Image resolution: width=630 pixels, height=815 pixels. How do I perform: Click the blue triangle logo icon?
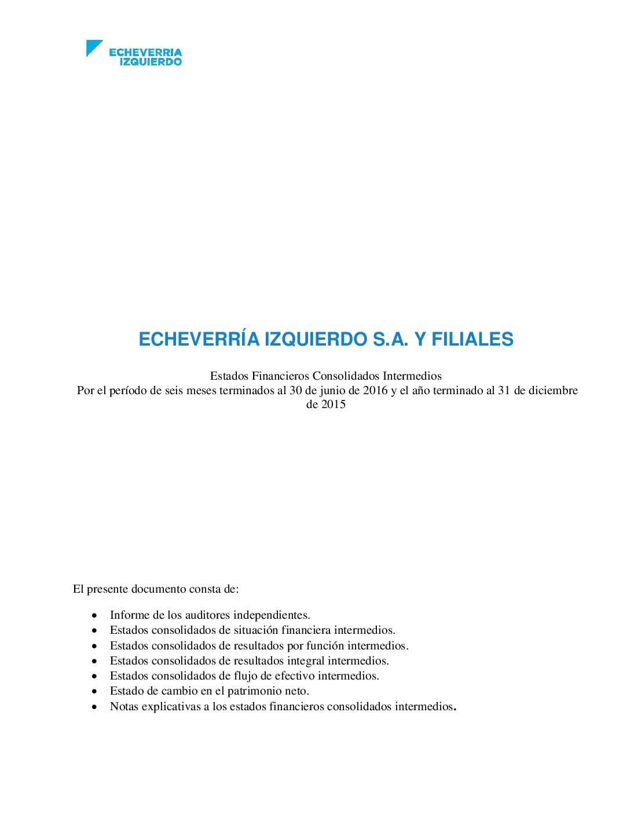tap(93, 47)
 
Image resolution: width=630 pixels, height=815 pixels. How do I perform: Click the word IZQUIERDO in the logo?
tap(151, 61)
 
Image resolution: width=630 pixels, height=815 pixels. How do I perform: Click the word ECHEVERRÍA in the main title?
tap(199, 339)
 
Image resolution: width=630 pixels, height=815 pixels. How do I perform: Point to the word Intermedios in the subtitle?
tap(412, 376)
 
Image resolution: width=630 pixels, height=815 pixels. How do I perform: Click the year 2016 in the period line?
tap(375, 390)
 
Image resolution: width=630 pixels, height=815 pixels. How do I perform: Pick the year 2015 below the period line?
tap(334, 405)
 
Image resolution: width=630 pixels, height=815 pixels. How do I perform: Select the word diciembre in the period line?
tap(553, 390)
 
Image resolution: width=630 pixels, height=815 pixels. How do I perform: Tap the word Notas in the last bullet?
tap(124, 707)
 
